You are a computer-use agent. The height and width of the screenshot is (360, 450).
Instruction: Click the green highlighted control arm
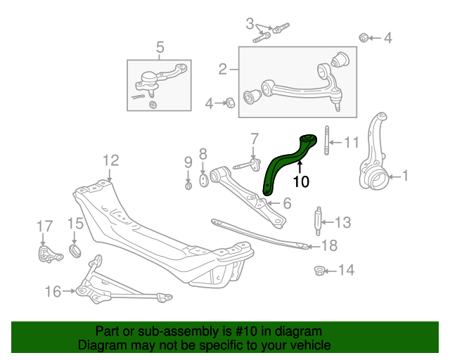[x=285, y=165]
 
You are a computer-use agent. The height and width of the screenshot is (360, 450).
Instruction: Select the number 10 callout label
[x=300, y=181]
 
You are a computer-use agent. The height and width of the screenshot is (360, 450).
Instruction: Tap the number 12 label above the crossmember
[x=110, y=160]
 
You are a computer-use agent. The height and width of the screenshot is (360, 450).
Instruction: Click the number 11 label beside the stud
[x=351, y=142]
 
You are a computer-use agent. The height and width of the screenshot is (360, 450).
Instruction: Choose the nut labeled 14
[x=319, y=270]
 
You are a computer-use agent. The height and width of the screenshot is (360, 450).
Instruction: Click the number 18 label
[x=329, y=245]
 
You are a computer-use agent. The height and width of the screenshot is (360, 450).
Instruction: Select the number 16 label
[x=53, y=290]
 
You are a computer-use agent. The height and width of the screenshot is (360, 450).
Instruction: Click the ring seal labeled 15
[x=77, y=251]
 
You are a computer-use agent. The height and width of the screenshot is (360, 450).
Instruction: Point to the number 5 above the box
[x=160, y=48]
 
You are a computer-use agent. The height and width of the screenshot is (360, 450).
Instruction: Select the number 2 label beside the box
[x=223, y=69]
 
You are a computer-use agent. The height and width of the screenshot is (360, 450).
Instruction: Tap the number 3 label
[x=250, y=23]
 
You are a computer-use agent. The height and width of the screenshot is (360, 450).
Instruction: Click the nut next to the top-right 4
[x=364, y=37]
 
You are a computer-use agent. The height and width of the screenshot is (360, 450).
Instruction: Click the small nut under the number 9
[x=188, y=186]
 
